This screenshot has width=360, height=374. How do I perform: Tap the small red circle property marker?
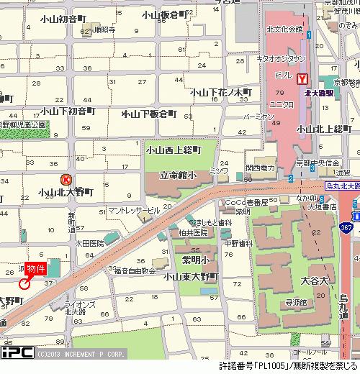(x=24, y=283)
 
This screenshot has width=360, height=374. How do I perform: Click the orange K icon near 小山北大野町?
(x=66, y=181)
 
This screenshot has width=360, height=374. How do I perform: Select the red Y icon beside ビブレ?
(x=302, y=78)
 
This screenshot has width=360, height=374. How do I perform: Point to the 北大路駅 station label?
(x=318, y=93)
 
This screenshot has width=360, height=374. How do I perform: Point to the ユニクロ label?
(x=281, y=104)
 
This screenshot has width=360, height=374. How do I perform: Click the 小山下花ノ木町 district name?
(x=221, y=92)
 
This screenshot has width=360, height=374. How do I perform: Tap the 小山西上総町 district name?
(x=172, y=150)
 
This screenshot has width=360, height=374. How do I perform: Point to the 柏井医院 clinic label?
(x=190, y=233)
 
